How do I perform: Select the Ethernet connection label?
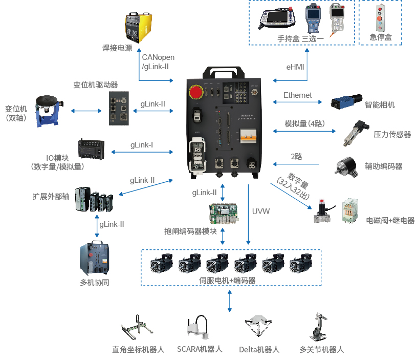tap(297, 95)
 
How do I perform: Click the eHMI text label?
tap(296, 67)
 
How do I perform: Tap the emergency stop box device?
tap(380, 18)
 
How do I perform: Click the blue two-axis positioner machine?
tap(49, 111)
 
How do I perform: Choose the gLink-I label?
tap(142, 145)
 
